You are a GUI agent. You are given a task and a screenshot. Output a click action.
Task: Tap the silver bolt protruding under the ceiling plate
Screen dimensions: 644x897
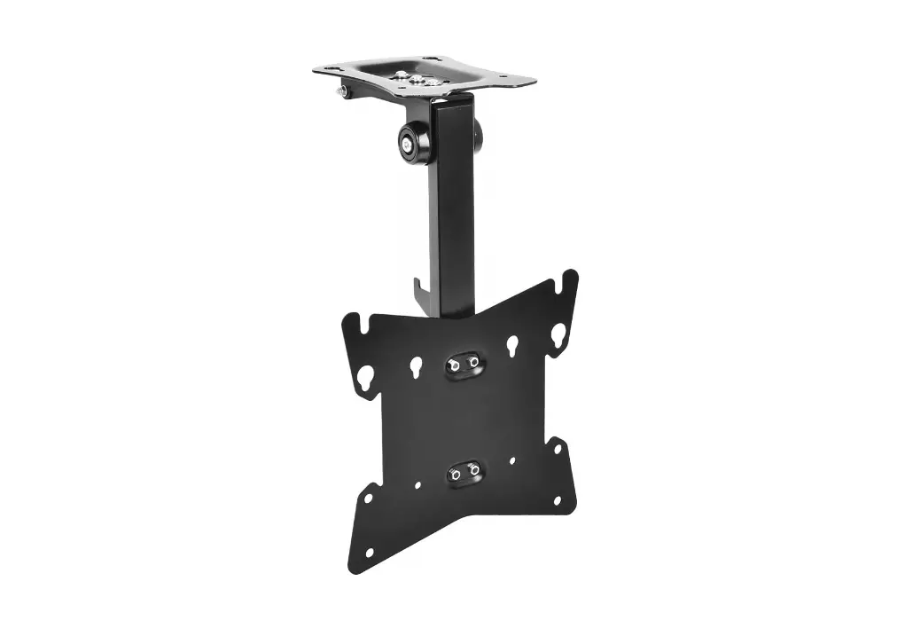pos(342,90)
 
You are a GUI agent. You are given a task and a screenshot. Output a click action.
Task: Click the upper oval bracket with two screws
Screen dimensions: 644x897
pos(464,364)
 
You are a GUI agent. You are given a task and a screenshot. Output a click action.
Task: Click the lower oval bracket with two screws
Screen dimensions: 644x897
pos(465,471)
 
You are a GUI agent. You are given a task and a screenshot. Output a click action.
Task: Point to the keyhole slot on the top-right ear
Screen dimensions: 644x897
pos(558,334)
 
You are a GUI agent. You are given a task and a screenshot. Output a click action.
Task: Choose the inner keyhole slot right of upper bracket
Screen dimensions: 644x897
pos(512,345)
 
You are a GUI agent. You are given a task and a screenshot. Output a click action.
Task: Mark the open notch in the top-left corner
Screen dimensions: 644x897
pos(354,320)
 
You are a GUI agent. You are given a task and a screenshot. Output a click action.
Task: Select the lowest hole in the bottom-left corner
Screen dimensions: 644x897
pos(369,553)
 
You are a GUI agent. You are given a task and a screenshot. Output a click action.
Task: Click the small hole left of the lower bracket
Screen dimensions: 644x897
pos(417,485)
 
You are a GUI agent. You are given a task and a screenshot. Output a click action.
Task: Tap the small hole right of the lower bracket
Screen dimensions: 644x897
pos(512,461)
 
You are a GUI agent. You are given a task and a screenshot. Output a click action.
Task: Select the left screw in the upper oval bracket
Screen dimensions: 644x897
pos(454,365)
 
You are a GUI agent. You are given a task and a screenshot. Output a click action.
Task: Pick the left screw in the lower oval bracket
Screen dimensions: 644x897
pos(456,475)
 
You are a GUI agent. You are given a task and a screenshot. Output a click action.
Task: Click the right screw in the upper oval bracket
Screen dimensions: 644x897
pos(474,361)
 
